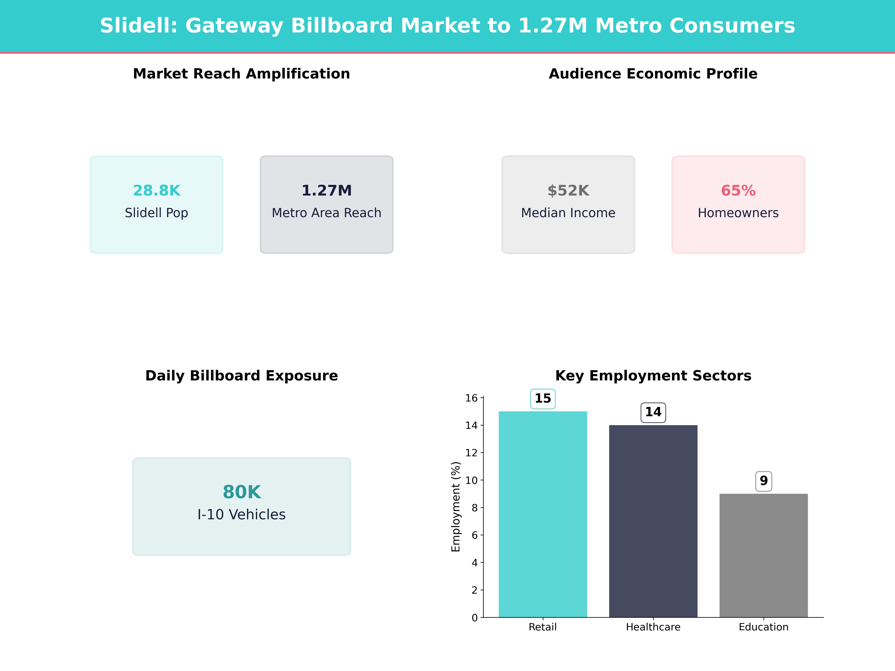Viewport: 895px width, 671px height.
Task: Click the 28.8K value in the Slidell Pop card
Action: tap(157, 190)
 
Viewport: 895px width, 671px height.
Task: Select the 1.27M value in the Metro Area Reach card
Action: tap(326, 190)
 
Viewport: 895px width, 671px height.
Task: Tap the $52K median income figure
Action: tap(568, 190)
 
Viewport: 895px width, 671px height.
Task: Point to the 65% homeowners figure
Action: tap(738, 190)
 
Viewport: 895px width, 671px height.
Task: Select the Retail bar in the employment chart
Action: tap(543, 514)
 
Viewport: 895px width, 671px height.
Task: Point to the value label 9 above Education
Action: tap(764, 481)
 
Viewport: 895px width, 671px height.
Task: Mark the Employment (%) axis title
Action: tap(456, 507)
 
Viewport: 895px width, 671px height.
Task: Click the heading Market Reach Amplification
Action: tap(241, 74)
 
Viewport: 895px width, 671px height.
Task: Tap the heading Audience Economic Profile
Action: tap(653, 74)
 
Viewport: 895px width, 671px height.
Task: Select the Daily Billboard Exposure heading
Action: tap(241, 376)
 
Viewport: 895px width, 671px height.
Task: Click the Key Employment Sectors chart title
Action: tap(653, 376)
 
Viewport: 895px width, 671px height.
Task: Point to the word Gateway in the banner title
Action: tap(234, 26)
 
